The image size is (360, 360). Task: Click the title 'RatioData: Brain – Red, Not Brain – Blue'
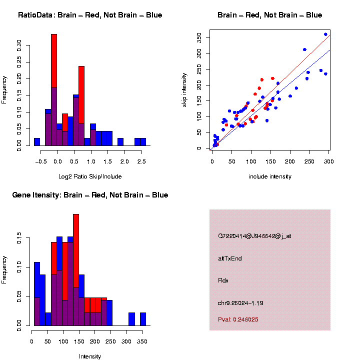pos(90,15)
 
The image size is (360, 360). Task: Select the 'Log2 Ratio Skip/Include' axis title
pos(90,176)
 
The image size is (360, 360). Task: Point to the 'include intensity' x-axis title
pos(270,176)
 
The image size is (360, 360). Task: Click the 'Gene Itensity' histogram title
pos(90,195)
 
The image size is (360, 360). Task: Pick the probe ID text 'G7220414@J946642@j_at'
pos(254,236)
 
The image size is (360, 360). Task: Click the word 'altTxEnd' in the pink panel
pos(230,258)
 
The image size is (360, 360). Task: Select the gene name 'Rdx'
pos(223,280)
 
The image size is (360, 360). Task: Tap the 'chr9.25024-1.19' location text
pos(240,303)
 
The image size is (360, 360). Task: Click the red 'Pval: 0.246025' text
pos(238,319)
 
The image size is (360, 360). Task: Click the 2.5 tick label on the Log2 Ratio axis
pos(141,162)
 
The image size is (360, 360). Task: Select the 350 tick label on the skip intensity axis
pos(200,37)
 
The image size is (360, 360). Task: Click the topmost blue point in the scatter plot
pos(325,34)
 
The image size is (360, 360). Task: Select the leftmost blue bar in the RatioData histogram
pos(37,142)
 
